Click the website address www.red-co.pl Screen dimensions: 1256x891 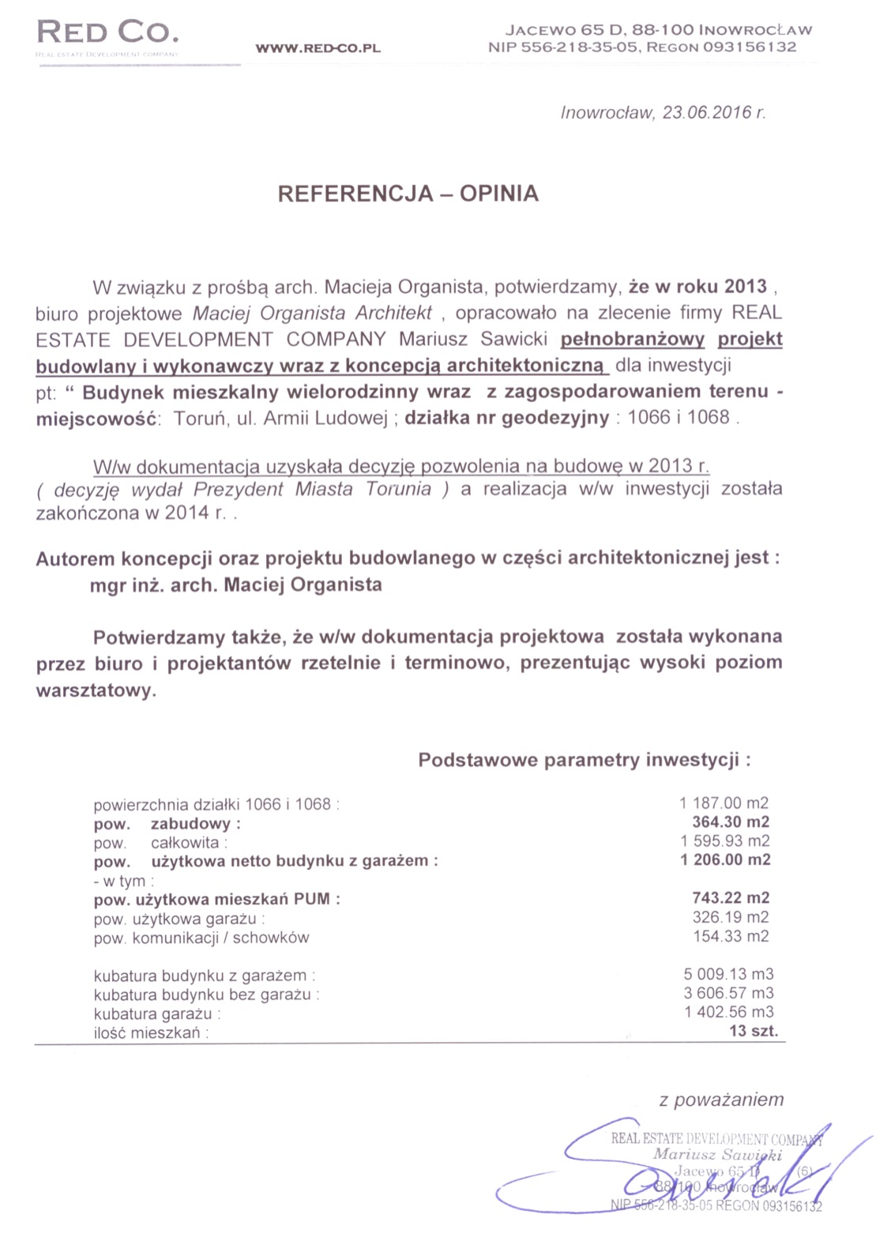coord(318,48)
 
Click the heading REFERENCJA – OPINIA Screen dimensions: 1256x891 coord(408,194)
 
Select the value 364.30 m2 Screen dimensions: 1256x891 coord(731,822)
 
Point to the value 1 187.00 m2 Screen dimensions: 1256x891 coord(724,803)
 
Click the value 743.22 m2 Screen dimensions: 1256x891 coord(731,898)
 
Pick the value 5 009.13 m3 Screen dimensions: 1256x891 coord(728,974)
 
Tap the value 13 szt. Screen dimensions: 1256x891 coord(754,1031)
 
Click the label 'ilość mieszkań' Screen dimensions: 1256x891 coord(151,1033)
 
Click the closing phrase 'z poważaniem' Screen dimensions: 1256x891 coord(721,1100)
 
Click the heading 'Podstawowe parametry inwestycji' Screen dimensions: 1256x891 coord(584,760)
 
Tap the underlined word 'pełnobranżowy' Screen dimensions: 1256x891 coord(632,340)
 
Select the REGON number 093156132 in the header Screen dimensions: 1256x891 coord(749,47)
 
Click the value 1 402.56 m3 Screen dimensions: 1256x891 coord(728,1012)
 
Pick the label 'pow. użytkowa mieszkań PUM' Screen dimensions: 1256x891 coord(216,899)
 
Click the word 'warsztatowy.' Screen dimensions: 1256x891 coord(96,690)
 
